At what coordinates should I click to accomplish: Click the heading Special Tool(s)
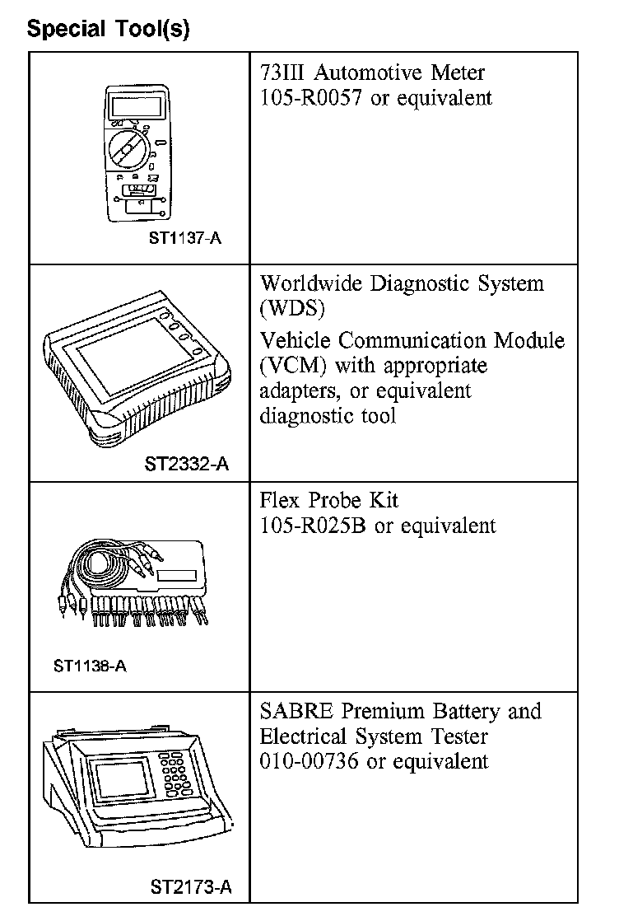[108, 30]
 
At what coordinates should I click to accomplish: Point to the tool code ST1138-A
[91, 666]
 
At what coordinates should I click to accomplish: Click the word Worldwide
[313, 284]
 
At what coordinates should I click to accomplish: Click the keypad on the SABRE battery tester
[175, 774]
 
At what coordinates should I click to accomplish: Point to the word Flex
[279, 501]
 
